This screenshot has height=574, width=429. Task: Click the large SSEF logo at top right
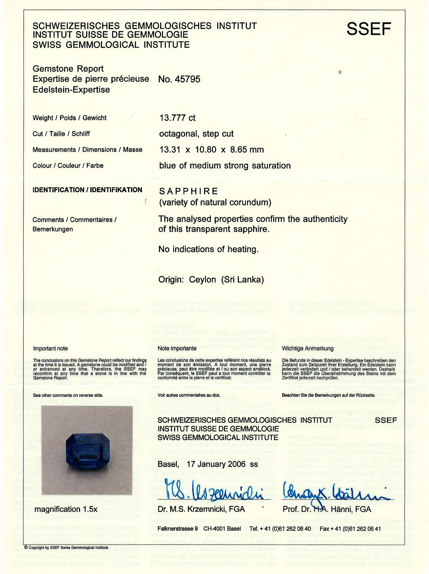pos(369,29)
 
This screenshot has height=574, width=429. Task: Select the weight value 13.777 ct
pos(177,118)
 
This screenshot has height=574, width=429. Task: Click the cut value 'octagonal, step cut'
pos(196,134)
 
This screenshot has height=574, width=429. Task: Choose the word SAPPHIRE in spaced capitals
pos(188,191)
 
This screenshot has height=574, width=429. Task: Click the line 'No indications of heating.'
pos(208,249)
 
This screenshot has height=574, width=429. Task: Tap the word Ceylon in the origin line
pos(202,279)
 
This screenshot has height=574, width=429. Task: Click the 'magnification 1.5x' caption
pos(66,509)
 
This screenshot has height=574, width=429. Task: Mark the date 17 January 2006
pos(216,464)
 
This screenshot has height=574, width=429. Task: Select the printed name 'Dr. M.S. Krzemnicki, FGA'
pos(201,509)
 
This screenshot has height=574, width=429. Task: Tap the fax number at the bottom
pos(350,529)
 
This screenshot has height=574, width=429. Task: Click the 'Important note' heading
pos(50,348)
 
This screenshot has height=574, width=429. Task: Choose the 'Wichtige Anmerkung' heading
pos(307,348)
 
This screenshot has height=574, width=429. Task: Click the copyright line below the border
pos(66,548)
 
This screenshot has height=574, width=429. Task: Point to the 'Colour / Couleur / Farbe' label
pos(68,165)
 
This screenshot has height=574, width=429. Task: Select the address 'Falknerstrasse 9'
pos(177,529)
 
